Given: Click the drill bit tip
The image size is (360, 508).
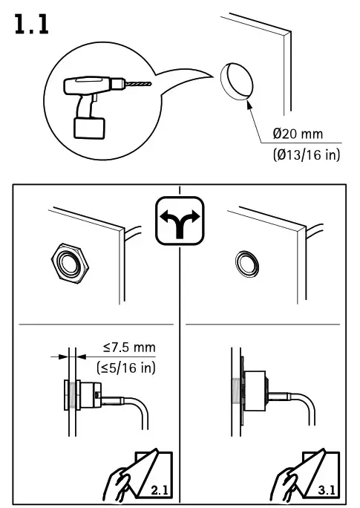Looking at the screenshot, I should click(x=146, y=85).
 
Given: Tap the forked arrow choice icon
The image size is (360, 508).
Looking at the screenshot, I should click(x=180, y=220).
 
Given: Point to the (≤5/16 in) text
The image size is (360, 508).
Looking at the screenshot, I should click(x=125, y=366).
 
